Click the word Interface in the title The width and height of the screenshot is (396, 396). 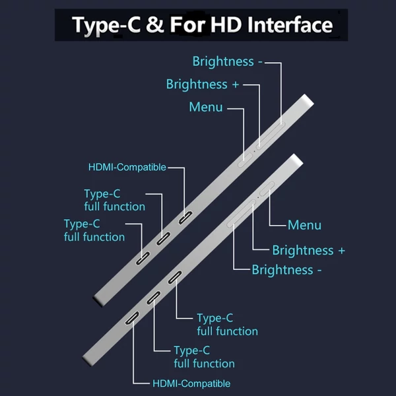point(290,25)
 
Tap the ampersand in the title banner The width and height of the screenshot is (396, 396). point(155,25)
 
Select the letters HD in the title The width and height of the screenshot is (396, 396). point(226,25)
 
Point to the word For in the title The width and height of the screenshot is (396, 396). point(187,25)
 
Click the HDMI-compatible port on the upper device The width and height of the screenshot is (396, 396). point(185,217)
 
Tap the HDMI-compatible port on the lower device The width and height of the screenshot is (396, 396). point(132,318)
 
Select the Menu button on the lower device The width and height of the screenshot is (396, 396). point(267,189)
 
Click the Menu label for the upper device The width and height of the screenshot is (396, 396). point(206,107)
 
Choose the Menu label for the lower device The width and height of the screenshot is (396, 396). point(304,225)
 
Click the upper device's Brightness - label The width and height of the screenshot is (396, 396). point(227,61)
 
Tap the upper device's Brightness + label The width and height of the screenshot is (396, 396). point(203,84)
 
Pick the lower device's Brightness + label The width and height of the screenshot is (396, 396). point(309,251)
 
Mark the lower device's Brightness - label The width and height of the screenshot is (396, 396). point(286,270)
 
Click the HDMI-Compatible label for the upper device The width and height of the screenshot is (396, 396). point(127,167)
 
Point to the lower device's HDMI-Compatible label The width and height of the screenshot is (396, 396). point(191,383)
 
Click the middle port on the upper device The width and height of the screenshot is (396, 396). point(163,239)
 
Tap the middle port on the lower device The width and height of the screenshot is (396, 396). point(154,298)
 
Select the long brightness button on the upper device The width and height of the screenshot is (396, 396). point(271,135)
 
